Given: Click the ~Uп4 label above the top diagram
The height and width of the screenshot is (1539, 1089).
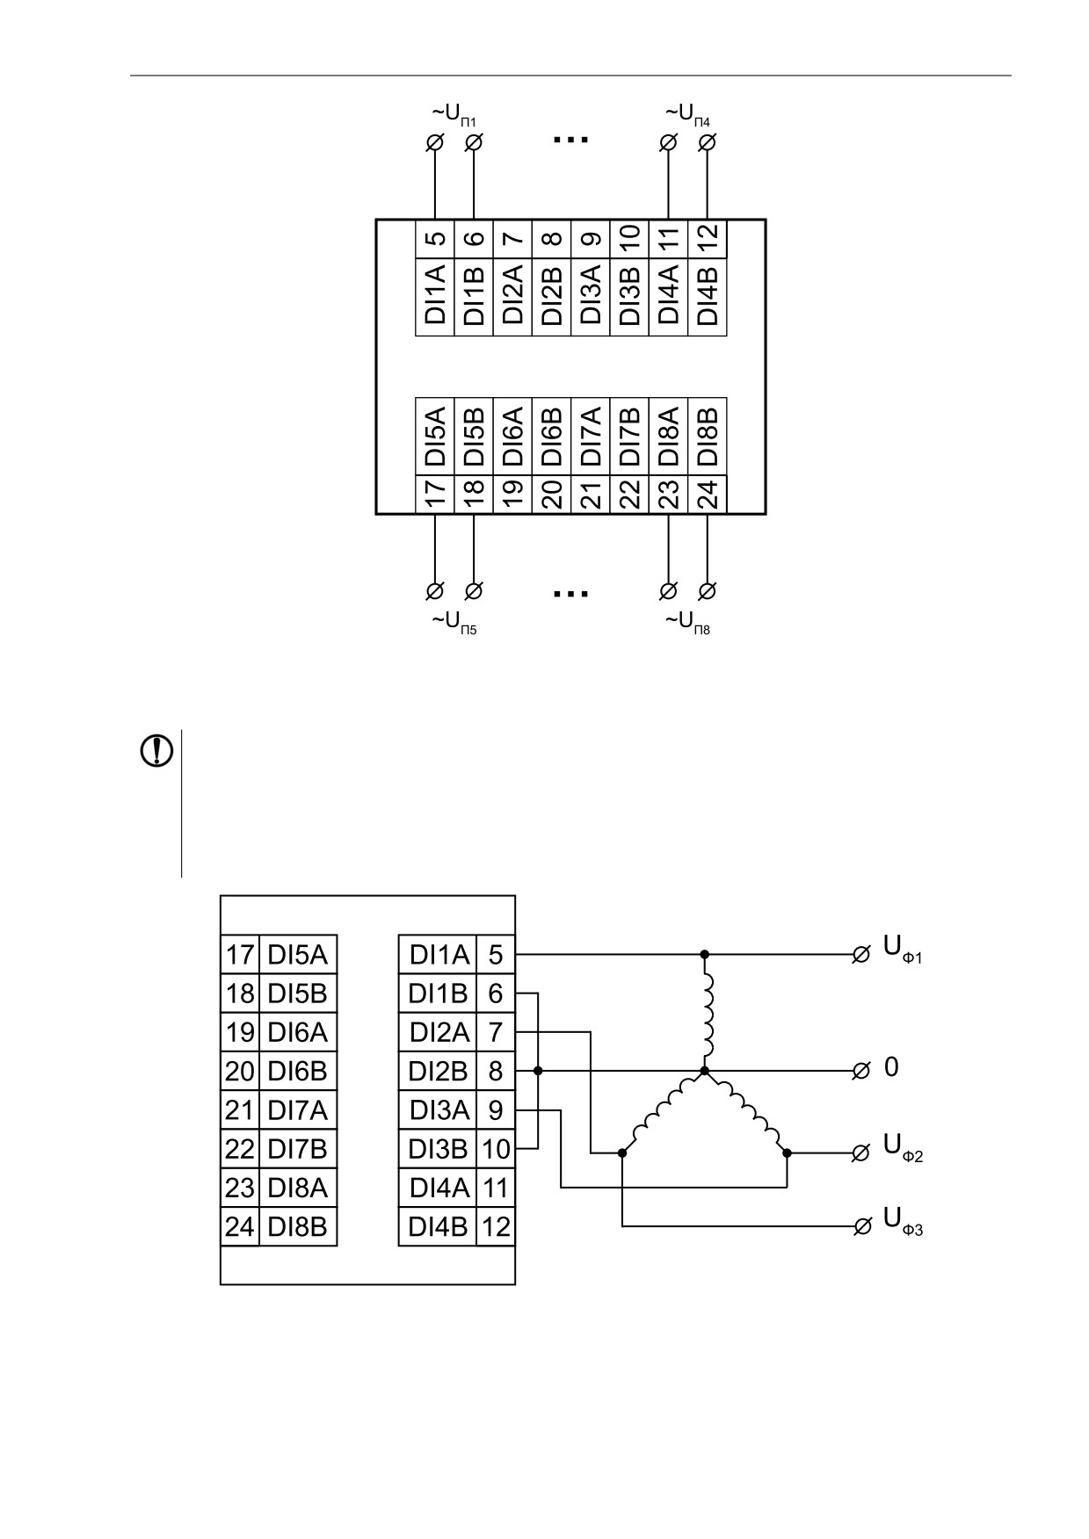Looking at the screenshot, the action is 688,114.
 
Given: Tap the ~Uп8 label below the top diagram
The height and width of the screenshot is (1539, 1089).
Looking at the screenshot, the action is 688,623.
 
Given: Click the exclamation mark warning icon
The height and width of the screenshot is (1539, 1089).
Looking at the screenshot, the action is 156,751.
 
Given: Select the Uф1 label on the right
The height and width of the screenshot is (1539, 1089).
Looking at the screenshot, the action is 903,950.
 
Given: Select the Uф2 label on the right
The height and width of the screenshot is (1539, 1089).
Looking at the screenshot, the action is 903,1147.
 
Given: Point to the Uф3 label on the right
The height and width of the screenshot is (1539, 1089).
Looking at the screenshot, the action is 903,1221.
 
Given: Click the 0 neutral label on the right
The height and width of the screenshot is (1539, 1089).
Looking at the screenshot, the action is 891,1067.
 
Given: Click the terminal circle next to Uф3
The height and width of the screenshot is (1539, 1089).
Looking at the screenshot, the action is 861,1226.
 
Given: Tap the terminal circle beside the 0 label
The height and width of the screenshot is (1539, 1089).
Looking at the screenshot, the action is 861,1071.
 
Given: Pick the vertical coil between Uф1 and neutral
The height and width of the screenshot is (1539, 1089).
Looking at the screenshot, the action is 708,1012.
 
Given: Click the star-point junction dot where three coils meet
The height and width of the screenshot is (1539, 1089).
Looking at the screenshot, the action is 704,1071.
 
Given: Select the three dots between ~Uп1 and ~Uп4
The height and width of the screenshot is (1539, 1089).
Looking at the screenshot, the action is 570,139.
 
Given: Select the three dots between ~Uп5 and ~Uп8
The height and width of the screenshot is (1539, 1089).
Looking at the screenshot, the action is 570,594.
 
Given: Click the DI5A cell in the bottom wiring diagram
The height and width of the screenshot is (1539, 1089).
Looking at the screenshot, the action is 298,954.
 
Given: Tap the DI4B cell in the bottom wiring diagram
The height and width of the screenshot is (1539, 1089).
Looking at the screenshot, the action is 438,1226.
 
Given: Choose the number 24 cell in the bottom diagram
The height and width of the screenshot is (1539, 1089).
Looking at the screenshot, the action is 240,1226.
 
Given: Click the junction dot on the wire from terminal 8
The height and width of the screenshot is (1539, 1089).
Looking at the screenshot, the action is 538,1071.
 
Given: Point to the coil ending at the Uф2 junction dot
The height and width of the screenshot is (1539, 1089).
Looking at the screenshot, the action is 748,1110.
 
